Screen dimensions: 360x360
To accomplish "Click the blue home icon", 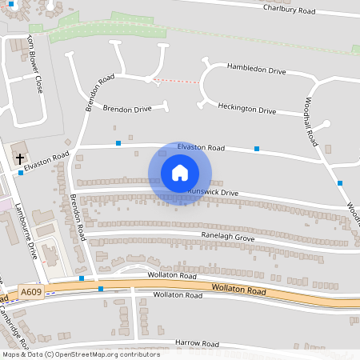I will (180, 173).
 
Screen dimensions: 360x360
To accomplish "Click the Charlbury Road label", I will (289, 9).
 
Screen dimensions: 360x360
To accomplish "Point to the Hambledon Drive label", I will (256, 70).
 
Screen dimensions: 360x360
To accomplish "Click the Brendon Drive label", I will (126, 108).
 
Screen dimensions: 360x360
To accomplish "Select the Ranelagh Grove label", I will (228, 238).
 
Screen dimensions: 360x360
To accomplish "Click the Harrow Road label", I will (197, 343).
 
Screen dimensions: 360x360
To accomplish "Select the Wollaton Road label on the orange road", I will (239, 288).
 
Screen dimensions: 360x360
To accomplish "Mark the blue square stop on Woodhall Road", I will (340, 183).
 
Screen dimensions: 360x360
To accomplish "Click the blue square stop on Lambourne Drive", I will (22, 174).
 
